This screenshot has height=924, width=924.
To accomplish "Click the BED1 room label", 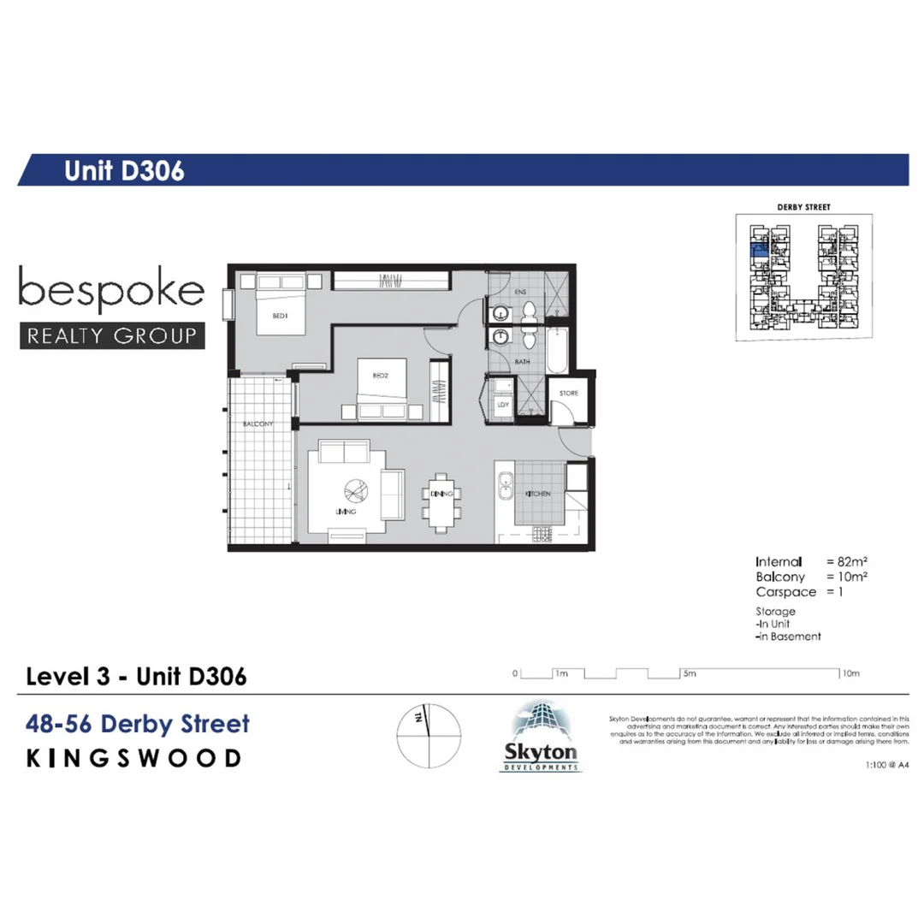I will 281,315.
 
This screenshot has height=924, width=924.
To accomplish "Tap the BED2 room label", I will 381,376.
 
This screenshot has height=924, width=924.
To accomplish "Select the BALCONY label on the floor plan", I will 258,424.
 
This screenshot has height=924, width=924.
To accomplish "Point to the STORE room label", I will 569,394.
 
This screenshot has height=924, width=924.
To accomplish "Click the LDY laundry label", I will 503,405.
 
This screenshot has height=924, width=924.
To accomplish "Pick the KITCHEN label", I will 537,495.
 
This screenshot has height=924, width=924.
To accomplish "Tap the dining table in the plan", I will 441,495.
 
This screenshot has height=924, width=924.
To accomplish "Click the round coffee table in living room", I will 355,494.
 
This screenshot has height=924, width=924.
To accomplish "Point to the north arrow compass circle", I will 429,737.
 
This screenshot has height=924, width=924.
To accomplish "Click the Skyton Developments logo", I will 540,737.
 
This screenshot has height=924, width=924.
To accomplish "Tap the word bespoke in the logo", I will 111,291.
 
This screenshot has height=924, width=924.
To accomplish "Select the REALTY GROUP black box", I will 112,335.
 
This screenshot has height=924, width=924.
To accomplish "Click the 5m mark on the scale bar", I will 690,674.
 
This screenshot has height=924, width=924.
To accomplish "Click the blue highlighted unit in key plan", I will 758,251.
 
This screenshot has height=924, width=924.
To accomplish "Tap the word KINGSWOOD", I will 134,759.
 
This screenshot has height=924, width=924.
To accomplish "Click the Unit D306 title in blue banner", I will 125,171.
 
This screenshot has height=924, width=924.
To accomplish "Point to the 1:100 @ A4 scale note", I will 886,767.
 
